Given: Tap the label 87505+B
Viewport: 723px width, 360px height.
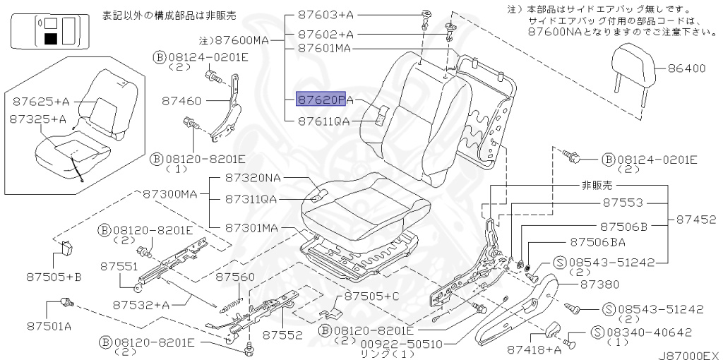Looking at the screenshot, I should point(54,277).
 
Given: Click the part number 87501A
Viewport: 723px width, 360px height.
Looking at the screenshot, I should point(49,326).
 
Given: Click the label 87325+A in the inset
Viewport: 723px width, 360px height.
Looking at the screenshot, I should point(37,119).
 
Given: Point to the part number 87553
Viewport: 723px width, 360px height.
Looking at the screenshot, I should point(623,203).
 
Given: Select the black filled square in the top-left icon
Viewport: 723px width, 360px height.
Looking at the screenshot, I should point(51,38).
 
